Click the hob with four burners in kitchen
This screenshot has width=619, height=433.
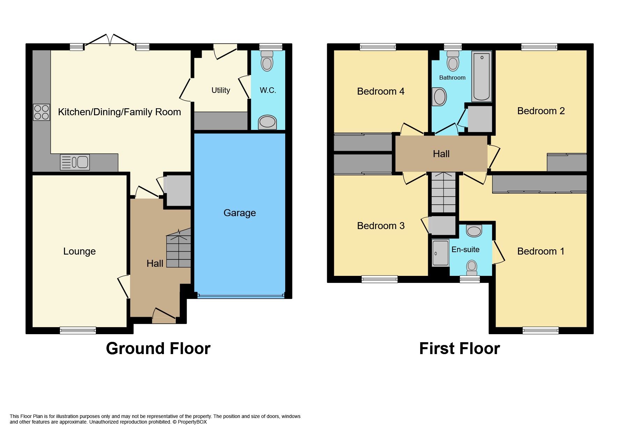point(41,112)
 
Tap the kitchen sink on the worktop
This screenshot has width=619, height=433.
point(75,162)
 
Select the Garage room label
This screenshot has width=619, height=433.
point(239,213)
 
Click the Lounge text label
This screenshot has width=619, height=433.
point(79,251)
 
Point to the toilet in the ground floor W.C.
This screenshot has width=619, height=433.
point(267,61)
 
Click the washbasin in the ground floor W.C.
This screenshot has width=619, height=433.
point(267,122)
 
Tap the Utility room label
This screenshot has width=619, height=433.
point(221,90)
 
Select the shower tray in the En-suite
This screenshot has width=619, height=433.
point(440,253)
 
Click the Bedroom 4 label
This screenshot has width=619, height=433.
point(381,91)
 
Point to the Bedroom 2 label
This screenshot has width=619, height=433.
point(541,111)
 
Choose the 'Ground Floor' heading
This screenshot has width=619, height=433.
point(158,348)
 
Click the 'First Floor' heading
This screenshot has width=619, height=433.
point(459,348)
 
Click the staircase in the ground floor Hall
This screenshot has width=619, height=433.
point(179,249)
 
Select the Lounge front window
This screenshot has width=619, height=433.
point(78,330)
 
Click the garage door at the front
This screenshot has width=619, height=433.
point(240,296)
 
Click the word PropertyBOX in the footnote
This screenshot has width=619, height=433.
point(192,422)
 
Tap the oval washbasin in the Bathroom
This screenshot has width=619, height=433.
point(440,97)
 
